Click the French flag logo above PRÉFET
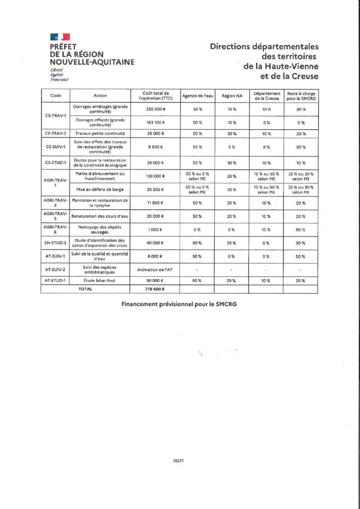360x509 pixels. coord(60,37)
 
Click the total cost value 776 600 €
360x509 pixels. coord(155,289)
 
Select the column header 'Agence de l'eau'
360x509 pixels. coord(197,95)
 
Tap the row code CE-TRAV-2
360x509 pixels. coord(55,133)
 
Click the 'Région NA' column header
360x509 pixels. coord(232,95)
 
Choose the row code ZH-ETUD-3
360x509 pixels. coord(55,243)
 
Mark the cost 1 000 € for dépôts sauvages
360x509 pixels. coord(155,229)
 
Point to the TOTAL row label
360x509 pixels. coord(86,289)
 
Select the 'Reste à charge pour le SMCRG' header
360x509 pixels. coord(301,95)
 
